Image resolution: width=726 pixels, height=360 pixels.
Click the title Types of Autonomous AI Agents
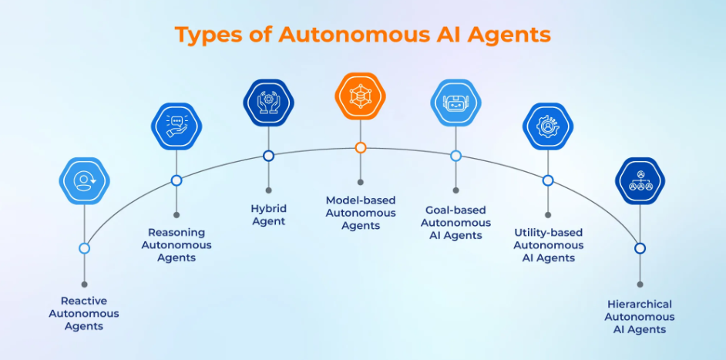coord(362,35)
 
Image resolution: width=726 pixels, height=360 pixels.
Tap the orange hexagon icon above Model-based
coord(360,97)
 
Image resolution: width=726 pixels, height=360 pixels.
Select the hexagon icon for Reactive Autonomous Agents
coord(84,181)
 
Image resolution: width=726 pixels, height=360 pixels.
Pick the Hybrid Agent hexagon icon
coord(268,103)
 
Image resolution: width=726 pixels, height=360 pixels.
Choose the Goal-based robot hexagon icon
coord(455,103)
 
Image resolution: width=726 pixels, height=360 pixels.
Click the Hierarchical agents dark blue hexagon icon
coord(640,181)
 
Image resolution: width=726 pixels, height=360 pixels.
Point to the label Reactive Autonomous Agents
coord(84,314)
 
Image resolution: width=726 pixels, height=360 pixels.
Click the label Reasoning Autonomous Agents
coord(176,245)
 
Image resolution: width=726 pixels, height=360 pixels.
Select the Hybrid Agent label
coord(268,215)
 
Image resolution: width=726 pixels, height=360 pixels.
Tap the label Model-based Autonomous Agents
coord(360,213)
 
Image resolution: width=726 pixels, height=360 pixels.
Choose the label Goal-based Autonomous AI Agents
coord(455,222)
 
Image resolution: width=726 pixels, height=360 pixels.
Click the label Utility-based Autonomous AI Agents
coord(548,245)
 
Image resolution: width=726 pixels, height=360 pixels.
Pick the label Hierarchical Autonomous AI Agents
coord(640,317)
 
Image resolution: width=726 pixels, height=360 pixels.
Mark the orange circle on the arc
coord(360,148)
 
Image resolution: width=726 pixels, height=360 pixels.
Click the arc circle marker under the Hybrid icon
coord(268,156)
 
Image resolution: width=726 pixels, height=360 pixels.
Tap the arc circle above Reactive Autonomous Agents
coord(84,248)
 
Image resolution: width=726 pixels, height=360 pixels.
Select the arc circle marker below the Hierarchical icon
coord(640,248)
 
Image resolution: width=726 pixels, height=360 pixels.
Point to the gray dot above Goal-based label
coord(455,190)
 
